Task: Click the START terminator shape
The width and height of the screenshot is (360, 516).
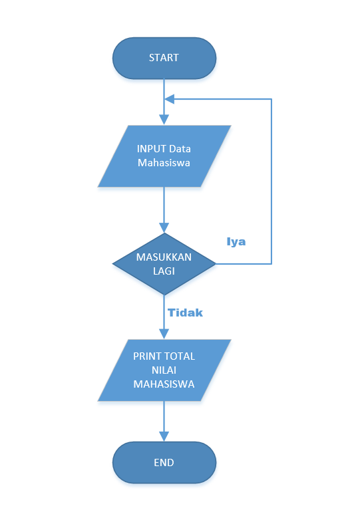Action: click(x=164, y=57)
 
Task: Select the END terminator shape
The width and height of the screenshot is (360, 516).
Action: click(x=164, y=462)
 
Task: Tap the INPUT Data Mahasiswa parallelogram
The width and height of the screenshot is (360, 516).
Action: click(x=164, y=156)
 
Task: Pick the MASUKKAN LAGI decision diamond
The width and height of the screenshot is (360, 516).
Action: click(x=164, y=264)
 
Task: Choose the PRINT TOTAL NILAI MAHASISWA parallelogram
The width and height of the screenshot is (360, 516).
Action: click(x=164, y=370)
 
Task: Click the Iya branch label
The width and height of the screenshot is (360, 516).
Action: click(x=236, y=241)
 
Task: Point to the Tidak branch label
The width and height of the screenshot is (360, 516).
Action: click(x=185, y=312)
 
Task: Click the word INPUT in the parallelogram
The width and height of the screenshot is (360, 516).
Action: click(x=151, y=148)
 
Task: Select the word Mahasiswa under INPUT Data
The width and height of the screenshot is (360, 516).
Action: click(x=164, y=162)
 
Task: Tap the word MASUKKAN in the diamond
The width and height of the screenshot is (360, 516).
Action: click(x=164, y=257)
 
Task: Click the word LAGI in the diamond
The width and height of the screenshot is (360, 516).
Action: click(x=164, y=271)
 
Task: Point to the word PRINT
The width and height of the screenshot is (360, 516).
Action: click(x=147, y=356)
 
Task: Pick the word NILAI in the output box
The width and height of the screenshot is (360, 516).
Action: click(x=164, y=370)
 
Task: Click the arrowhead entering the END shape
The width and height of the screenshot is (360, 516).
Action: click(x=164, y=437)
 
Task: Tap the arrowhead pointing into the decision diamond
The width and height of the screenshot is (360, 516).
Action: click(x=164, y=228)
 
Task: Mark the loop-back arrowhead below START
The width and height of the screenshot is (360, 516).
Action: click(x=169, y=99)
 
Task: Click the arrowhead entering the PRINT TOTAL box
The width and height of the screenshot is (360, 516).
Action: click(x=164, y=334)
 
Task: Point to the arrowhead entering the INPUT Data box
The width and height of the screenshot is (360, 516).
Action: click(x=164, y=120)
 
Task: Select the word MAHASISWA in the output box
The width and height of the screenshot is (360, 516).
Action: click(x=164, y=384)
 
